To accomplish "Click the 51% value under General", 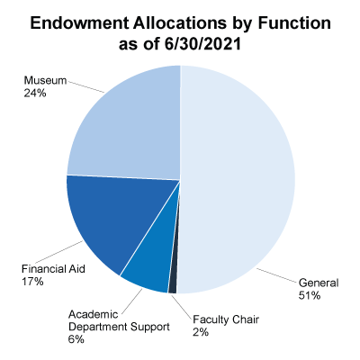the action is (310, 295).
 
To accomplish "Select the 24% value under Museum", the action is (35, 94).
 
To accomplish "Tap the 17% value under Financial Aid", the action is (32, 282).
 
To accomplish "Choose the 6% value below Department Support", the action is (76, 339).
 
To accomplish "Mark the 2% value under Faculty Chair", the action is (201, 332).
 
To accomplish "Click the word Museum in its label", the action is (45, 80).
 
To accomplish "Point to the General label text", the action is (319, 283).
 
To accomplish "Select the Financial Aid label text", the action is (53, 268).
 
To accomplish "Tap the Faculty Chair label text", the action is (226, 319).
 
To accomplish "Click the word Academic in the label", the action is (94, 314).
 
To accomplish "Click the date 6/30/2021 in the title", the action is (202, 44).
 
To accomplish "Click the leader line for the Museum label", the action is (86, 86).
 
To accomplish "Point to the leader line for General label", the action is (275, 276).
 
